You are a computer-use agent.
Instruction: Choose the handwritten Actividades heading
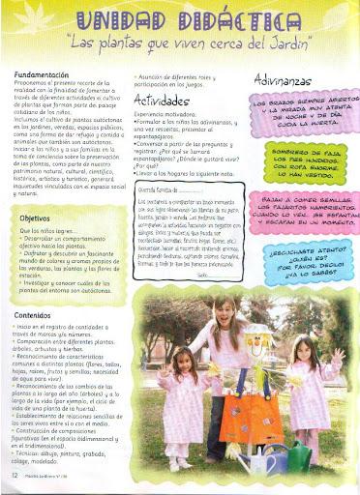pos(164,100)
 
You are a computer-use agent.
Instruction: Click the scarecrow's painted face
pos(259,343)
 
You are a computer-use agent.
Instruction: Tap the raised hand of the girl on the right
pos(339,358)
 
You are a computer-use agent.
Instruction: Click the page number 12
pos(14,477)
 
